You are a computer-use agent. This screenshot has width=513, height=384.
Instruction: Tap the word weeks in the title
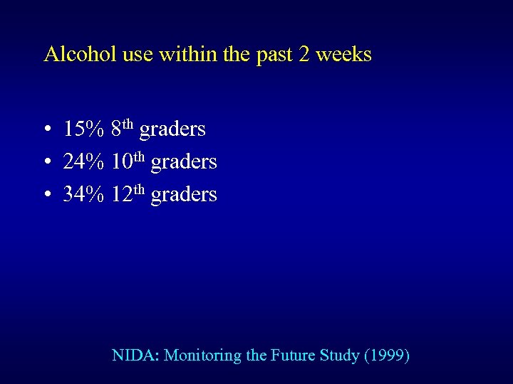[x=345, y=54]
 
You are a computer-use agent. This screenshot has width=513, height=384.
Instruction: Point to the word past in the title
[x=274, y=55]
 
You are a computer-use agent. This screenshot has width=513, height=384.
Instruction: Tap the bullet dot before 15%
[x=46, y=130]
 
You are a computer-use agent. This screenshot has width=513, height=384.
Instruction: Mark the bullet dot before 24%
[x=46, y=163]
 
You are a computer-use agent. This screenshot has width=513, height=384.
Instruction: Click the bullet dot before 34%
[x=46, y=195]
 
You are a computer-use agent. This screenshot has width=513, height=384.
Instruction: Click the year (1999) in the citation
[x=387, y=355]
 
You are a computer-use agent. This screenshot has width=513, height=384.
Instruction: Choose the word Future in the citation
[x=292, y=355]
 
